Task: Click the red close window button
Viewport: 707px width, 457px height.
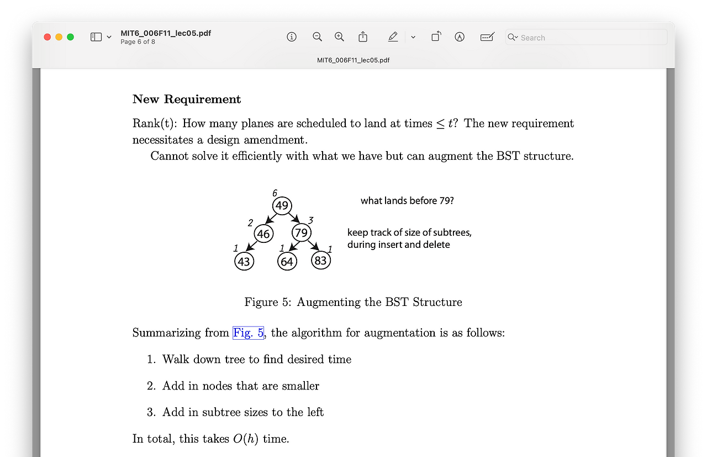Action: tap(47, 37)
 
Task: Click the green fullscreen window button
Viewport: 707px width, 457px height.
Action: tap(70, 37)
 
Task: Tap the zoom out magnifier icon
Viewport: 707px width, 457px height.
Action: tap(317, 37)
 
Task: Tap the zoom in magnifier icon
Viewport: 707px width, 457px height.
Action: tap(340, 37)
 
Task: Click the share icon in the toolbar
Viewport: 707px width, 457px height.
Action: tap(363, 37)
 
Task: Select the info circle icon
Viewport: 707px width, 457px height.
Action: tap(292, 37)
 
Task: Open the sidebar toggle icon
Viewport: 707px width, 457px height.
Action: tap(96, 37)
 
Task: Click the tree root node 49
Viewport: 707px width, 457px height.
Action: tap(282, 206)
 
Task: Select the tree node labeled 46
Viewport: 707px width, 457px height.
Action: tap(263, 234)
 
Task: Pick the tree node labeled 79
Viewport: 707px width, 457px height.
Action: tap(301, 233)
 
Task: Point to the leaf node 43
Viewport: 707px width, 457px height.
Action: tap(244, 261)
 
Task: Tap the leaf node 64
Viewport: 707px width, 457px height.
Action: tap(287, 261)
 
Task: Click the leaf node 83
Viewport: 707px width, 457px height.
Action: tap(321, 260)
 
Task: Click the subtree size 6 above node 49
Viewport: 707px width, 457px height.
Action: tap(275, 193)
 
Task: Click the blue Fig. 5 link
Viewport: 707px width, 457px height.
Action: tap(248, 333)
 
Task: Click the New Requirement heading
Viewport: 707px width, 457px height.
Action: tap(187, 99)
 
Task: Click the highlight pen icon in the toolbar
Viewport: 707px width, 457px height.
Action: tap(393, 37)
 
